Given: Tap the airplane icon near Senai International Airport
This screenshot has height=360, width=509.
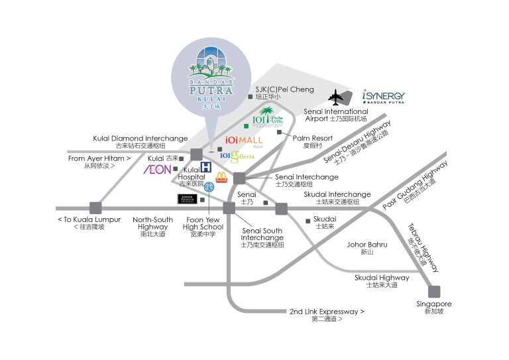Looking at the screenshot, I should point(338,97).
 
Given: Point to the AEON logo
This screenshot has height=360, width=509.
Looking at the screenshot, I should point(158,170).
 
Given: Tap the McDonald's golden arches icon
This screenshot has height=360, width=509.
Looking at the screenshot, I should point(221,177).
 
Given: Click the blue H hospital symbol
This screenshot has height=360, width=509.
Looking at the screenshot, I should point(206,167).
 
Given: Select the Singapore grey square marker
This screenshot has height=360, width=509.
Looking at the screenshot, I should point(434,291).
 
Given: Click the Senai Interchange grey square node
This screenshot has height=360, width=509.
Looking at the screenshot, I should point(239,178).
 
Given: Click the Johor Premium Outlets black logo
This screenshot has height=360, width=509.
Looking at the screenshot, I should point(187,199).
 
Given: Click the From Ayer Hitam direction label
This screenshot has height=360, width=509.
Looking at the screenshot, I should point(99,162).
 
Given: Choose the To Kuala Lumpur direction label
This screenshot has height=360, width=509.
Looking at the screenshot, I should point(89,223).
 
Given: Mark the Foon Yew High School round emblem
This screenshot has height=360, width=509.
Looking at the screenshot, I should point(209,186).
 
